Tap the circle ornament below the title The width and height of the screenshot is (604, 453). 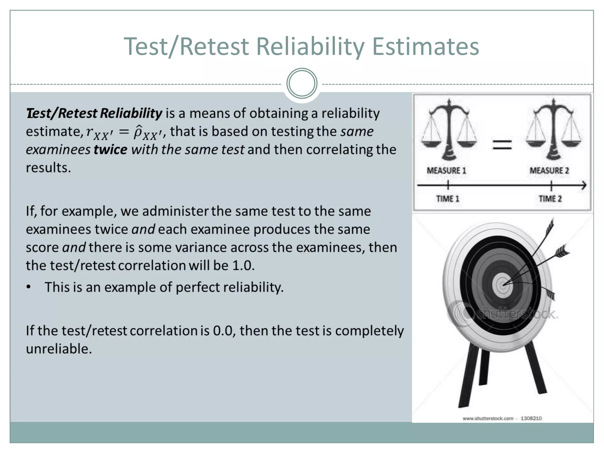click(302, 83)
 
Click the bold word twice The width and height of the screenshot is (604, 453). click(110, 150)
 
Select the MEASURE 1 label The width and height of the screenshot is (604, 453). click(446, 170)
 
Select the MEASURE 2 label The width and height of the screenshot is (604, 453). click(549, 170)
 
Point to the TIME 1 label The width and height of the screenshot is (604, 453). click(448, 199)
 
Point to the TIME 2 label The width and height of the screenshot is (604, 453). click(550, 199)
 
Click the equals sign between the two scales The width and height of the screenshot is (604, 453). click(502, 145)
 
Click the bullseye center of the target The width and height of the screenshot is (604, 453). click(503, 285)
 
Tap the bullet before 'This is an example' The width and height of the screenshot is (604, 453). click(29, 287)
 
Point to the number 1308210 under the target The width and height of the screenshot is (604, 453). click(531, 418)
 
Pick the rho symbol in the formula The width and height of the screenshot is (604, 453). click(138, 132)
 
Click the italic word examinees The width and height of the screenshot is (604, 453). click(58, 150)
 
